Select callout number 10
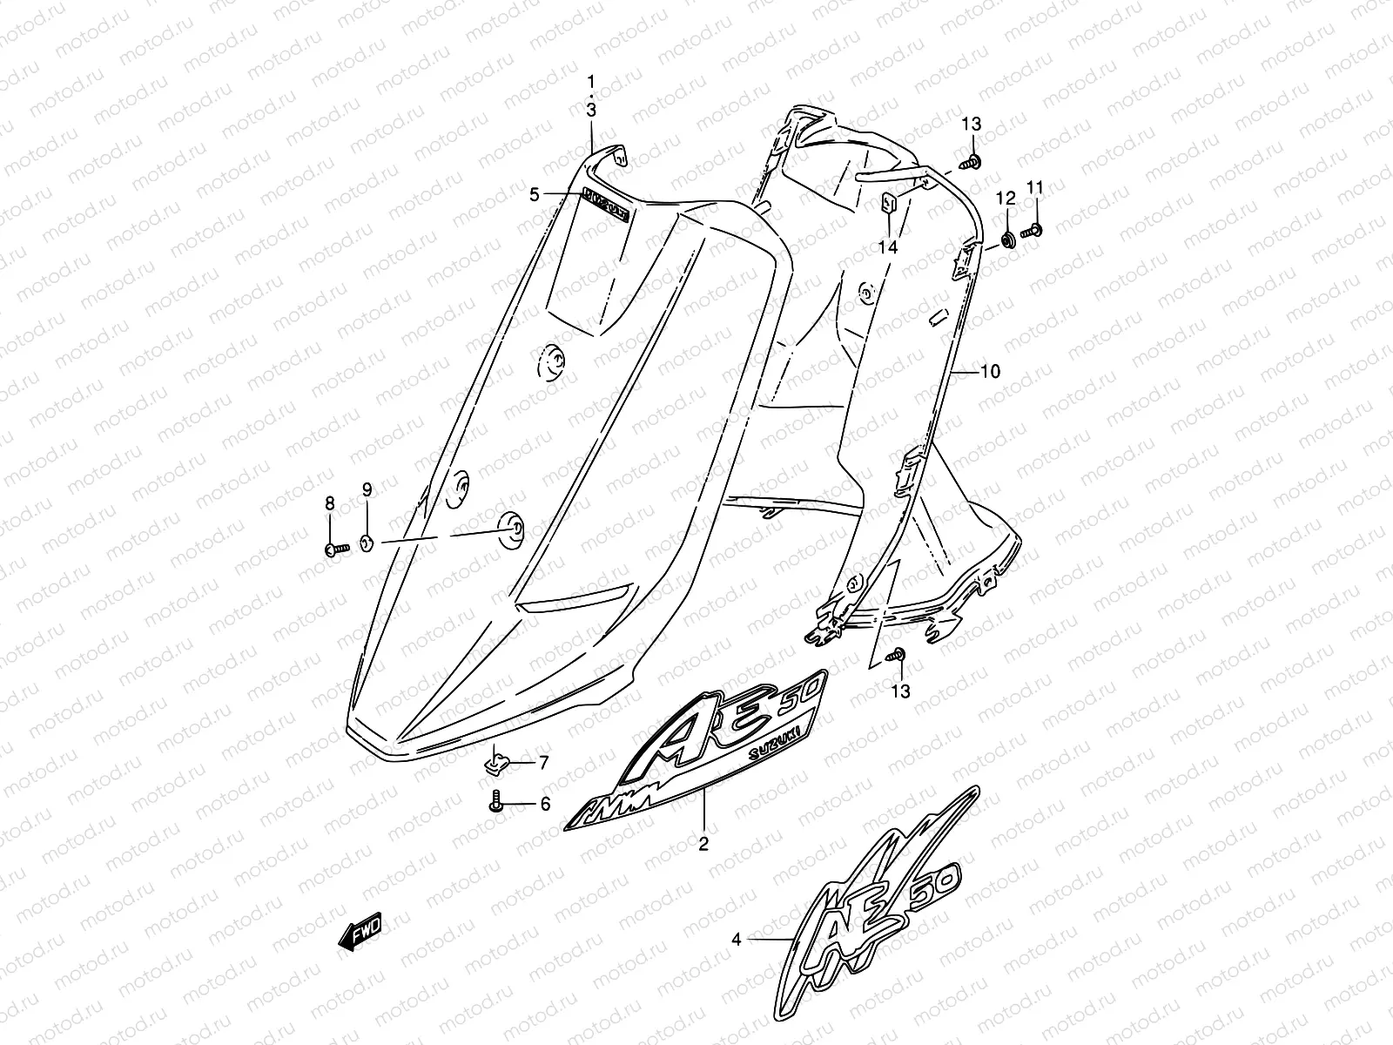tap(990, 372)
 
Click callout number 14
tap(887, 247)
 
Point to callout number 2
tap(703, 843)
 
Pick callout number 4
tap(737, 940)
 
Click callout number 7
tap(543, 764)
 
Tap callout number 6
tap(545, 805)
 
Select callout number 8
tap(330, 502)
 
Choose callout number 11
tap(1035, 187)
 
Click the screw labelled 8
tap(336, 549)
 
